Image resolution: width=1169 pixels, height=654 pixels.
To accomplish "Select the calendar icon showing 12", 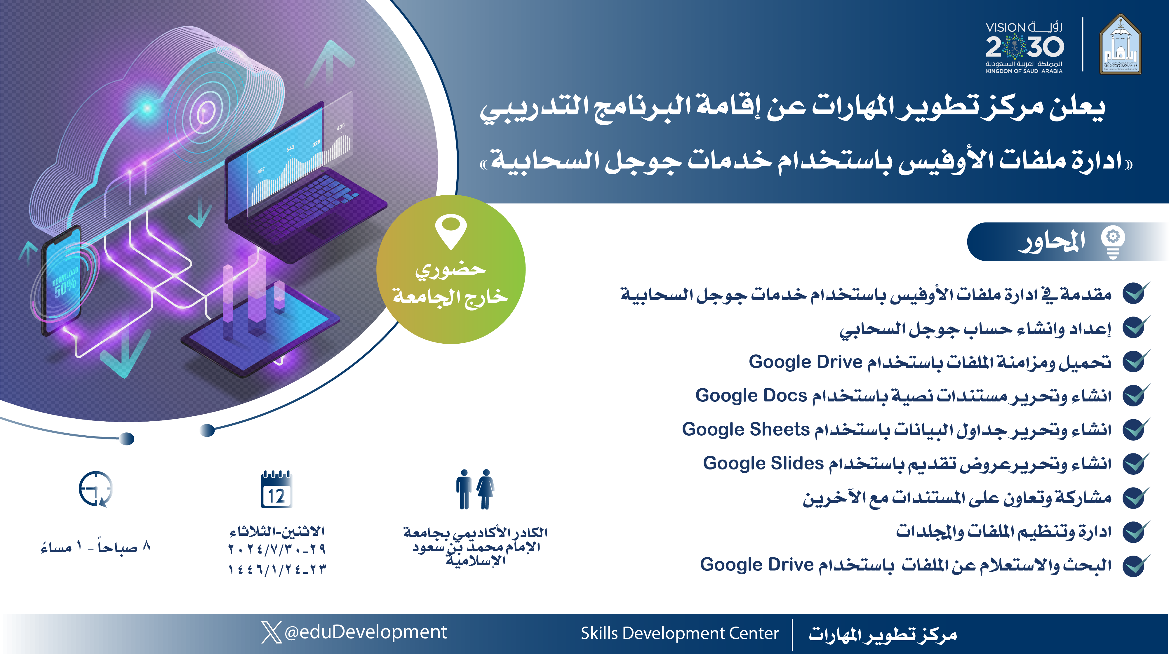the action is click(276, 490).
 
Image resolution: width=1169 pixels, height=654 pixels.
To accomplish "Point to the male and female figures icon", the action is click(475, 489).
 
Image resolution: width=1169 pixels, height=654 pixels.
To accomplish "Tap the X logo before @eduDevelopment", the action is click(272, 632).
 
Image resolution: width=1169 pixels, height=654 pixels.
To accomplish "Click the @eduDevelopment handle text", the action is click(366, 632).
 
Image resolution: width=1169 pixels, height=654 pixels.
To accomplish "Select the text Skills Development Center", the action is click(679, 633).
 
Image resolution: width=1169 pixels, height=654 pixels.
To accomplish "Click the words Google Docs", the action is click(751, 396).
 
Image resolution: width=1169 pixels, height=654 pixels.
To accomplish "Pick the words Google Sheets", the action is click(746, 429).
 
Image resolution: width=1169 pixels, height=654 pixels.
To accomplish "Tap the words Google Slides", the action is click(763, 463).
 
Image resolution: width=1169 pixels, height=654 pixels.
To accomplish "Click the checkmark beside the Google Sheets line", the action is click(1136, 429).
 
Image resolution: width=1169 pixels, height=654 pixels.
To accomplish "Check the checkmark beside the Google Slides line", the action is click(1136, 463).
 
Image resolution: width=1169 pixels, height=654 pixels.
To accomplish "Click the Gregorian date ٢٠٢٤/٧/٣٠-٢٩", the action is click(277, 549).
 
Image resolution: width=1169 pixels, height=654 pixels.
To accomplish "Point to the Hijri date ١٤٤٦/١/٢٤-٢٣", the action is click(277, 569).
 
